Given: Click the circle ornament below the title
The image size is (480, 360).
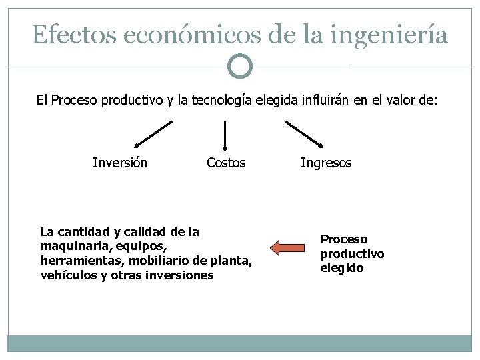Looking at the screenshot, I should tap(240, 67).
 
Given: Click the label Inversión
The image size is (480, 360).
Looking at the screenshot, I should tap(120, 163).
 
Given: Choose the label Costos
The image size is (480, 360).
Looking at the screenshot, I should tap(226, 163).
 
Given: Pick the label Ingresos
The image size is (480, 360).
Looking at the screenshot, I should tap(326, 163).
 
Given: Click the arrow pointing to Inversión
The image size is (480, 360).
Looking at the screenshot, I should tap(153, 133).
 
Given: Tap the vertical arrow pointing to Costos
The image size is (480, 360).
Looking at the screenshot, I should tap(225, 135).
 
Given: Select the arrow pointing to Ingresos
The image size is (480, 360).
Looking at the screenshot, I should tap(304, 133).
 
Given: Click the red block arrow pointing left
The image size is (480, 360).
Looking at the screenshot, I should tap(286, 249).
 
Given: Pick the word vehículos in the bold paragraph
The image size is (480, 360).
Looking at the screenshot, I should tap(69, 275).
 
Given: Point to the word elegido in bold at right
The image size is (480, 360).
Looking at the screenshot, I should tap(342, 268).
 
